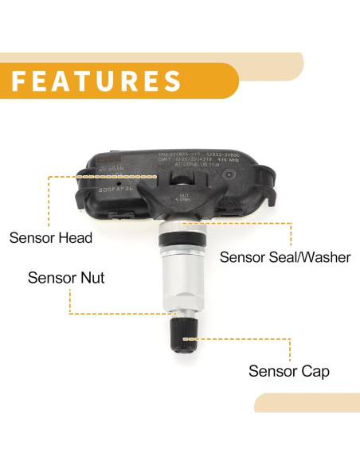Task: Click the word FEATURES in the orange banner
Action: point(96,81)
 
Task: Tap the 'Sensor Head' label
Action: point(51,237)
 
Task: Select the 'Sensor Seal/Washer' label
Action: point(285,257)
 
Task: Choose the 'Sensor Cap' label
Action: point(289,371)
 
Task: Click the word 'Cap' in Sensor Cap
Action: point(315,371)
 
